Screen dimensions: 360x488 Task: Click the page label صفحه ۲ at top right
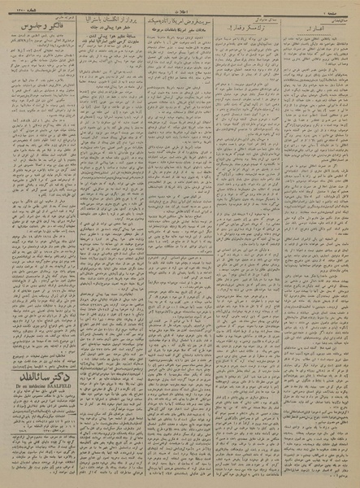pyautogui.click(x=341, y=6)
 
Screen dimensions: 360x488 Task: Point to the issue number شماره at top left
pyautogui.click(x=18, y=6)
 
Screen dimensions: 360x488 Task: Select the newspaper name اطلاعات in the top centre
pyautogui.click(x=180, y=6)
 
